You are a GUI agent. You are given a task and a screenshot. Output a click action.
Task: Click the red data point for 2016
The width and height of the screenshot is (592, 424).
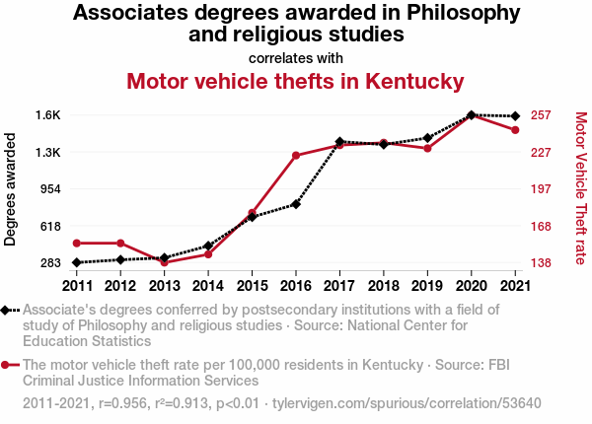pyautogui.click(x=296, y=156)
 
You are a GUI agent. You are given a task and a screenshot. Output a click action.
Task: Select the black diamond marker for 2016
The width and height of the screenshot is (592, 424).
pyautogui.click(x=296, y=204)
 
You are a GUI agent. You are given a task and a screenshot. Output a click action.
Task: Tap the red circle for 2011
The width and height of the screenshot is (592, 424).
pyautogui.click(x=77, y=244)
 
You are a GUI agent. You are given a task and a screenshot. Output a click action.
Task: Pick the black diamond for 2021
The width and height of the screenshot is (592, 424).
pyautogui.click(x=515, y=116)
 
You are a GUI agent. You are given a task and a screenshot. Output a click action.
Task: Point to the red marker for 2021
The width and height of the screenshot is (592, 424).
pyautogui.click(x=515, y=130)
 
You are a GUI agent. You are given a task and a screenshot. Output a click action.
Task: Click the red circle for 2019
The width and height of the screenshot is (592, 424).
pyautogui.click(x=427, y=149)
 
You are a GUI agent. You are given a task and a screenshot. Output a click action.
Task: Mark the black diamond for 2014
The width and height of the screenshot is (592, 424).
pyautogui.click(x=208, y=246)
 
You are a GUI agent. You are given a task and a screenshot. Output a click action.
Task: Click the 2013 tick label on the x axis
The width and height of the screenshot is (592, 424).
pyautogui.click(x=164, y=286)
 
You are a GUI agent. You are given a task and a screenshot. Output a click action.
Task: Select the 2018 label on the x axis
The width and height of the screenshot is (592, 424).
pyautogui.click(x=384, y=286)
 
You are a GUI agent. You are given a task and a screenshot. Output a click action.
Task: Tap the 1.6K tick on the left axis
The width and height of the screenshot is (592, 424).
pyautogui.click(x=48, y=115)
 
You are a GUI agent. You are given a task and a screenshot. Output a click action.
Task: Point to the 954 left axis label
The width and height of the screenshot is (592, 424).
pyautogui.click(x=50, y=189)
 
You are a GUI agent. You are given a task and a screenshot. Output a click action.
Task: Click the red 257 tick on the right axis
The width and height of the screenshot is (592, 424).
pyautogui.click(x=541, y=115)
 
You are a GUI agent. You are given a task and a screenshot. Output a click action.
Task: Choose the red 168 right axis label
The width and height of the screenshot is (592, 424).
pyautogui.click(x=541, y=227)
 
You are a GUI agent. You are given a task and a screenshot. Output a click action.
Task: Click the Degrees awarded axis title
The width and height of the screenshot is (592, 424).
pyautogui.click(x=10, y=189)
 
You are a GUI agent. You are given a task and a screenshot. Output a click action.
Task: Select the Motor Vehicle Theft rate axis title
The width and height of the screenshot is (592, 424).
pyautogui.click(x=581, y=188)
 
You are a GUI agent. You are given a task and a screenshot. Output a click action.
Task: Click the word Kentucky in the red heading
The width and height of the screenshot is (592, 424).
pyautogui.click(x=414, y=82)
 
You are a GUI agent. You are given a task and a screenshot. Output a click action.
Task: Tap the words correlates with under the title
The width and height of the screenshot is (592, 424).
pyautogui.click(x=296, y=58)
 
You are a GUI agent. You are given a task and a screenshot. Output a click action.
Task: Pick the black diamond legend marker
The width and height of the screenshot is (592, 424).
pyautogui.click(x=5, y=311)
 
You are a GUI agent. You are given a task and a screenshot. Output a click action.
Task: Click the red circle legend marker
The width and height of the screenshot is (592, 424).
pyautogui.click(x=5, y=365)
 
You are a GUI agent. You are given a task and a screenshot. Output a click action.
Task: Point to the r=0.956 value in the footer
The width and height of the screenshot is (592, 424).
pyautogui.click(x=122, y=403)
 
